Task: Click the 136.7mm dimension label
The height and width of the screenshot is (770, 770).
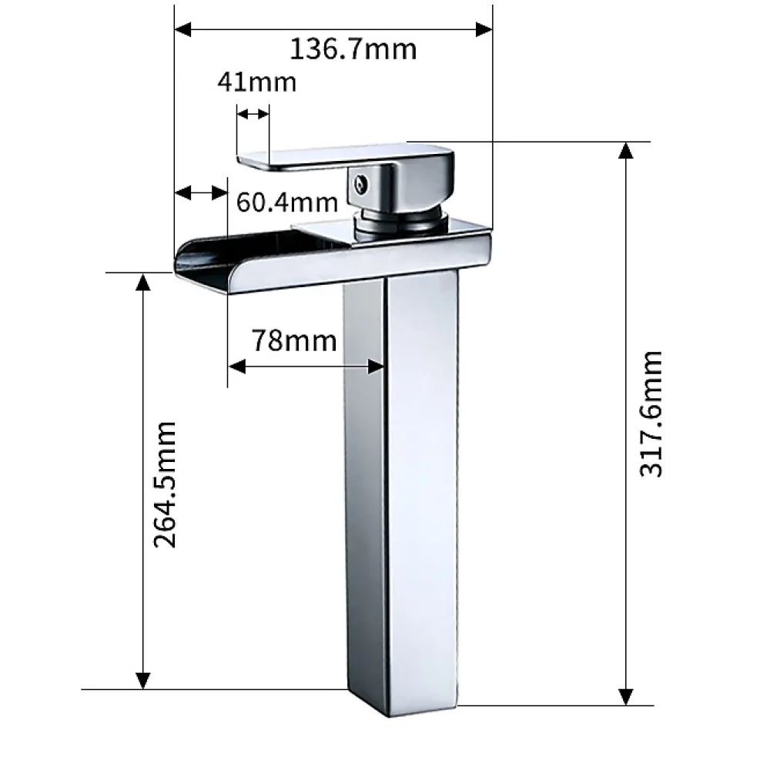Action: [x=353, y=49]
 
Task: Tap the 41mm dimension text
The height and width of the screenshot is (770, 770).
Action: [x=257, y=82]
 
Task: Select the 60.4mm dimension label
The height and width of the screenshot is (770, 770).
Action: [x=287, y=203]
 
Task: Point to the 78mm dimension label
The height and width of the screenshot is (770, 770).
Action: [x=294, y=341]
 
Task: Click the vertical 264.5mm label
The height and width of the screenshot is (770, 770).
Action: [x=165, y=484]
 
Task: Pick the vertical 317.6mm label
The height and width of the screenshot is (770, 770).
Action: [x=651, y=414]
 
